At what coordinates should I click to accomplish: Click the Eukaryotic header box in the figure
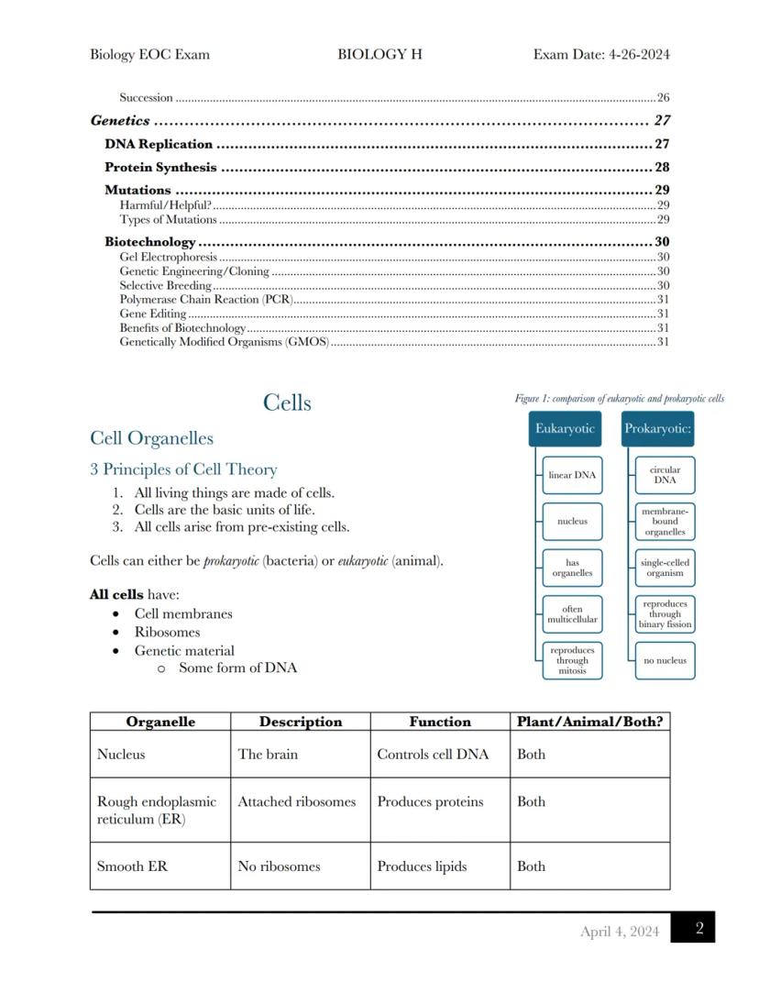pyautogui.click(x=566, y=429)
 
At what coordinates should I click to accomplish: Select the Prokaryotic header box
pyautogui.click(x=657, y=429)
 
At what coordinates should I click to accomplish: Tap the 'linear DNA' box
pyautogui.click(x=572, y=476)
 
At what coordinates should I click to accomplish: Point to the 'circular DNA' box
pyautogui.click(x=665, y=475)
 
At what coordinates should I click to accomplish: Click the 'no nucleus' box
pyautogui.click(x=665, y=660)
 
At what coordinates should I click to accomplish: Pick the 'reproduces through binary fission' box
pyautogui.click(x=665, y=614)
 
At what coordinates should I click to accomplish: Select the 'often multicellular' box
pyautogui.click(x=572, y=614)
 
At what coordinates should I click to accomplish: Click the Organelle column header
pyautogui.click(x=160, y=722)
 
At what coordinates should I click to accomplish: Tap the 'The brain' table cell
pyautogui.click(x=268, y=755)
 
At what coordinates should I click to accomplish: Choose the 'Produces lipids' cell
pyautogui.click(x=422, y=866)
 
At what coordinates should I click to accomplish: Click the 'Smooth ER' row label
pyautogui.click(x=132, y=866)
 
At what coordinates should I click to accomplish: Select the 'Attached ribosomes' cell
pyautogui.click(x=296, y=802)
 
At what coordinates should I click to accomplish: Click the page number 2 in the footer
pyautogui.click(x=699, y=929)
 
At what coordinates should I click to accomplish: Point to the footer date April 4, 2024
pyautogui.click(x=619, y=932)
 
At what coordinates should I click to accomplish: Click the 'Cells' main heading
pyautogui.click(x=287, y=403)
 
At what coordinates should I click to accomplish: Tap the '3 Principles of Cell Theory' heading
pyautogui.click(x=183, y=469)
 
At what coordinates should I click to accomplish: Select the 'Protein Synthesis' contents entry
pyautogui.click(x=160, y=168)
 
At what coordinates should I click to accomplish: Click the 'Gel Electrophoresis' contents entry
pyautogui.click(x=168, y=258)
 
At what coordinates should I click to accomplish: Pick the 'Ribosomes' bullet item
pyautogui.click(x=167, y=633)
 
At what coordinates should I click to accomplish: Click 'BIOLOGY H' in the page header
pyautogui.click(x=379, y=54)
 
